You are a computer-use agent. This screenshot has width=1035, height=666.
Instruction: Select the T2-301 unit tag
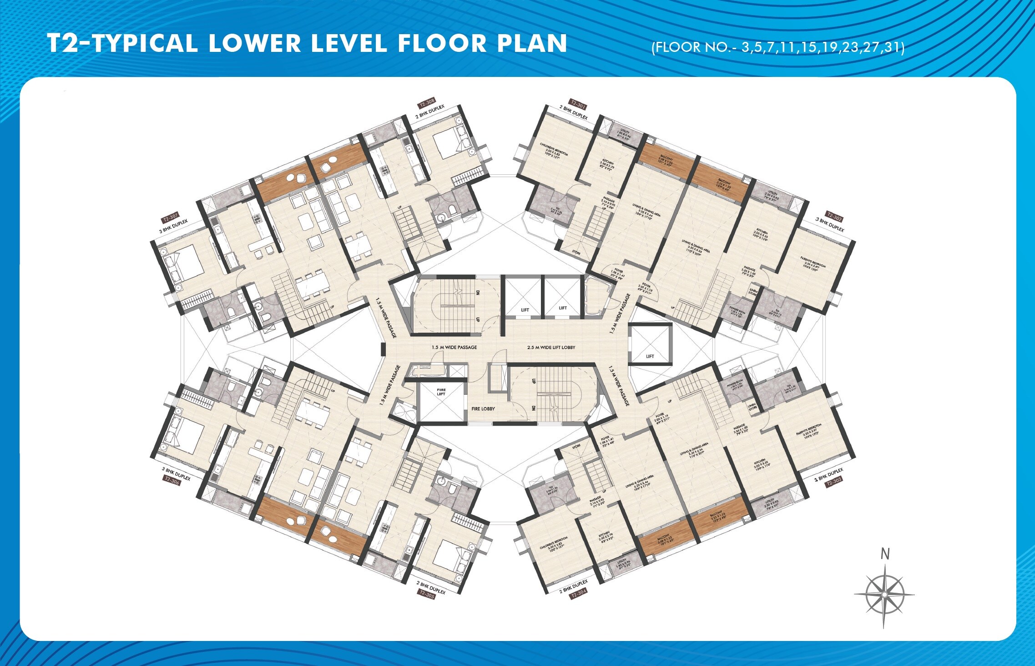578,104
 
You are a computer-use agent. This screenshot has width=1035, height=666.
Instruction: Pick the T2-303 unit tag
834,482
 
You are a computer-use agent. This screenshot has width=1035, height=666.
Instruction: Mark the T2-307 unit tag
171,217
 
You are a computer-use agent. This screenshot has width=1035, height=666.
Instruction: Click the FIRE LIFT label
441,391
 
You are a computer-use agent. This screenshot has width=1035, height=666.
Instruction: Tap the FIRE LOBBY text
483,409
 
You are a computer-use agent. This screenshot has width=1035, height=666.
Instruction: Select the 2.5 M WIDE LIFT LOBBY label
551,347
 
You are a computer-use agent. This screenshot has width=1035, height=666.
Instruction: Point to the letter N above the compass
885,554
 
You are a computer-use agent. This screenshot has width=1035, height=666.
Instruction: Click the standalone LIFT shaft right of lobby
650,345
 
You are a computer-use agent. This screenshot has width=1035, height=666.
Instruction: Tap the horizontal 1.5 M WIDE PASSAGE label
454,347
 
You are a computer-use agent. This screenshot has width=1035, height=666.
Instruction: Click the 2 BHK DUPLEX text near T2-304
574,586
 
